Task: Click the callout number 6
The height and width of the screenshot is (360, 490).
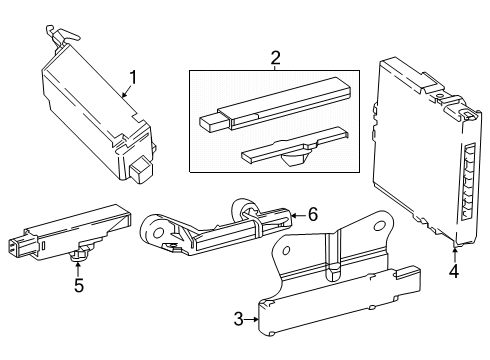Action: [312, 214]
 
